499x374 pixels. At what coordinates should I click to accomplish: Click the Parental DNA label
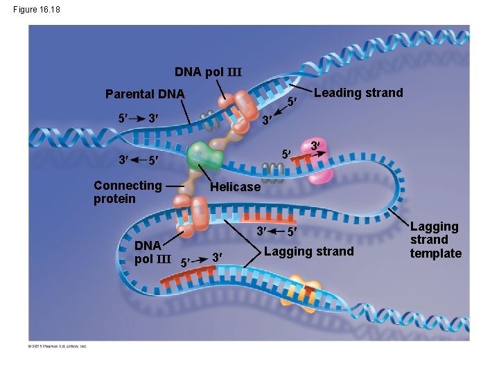tap(144, 94)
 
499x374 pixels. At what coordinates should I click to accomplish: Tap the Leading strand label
tap(358, 93)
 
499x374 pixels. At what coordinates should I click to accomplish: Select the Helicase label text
tap(236, 187)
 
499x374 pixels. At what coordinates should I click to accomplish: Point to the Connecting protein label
tap(128, 192)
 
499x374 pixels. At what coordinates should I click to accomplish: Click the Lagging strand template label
tap(435, 240)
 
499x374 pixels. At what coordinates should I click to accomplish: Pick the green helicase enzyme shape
tap(204, 157)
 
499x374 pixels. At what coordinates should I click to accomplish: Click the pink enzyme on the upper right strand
tap(320, 167)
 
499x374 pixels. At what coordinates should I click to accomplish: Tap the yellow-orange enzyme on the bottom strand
tap(306, 286)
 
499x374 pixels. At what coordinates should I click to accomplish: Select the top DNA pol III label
tap(208, 72)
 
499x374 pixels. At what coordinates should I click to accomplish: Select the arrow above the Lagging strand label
tap(275, 231)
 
